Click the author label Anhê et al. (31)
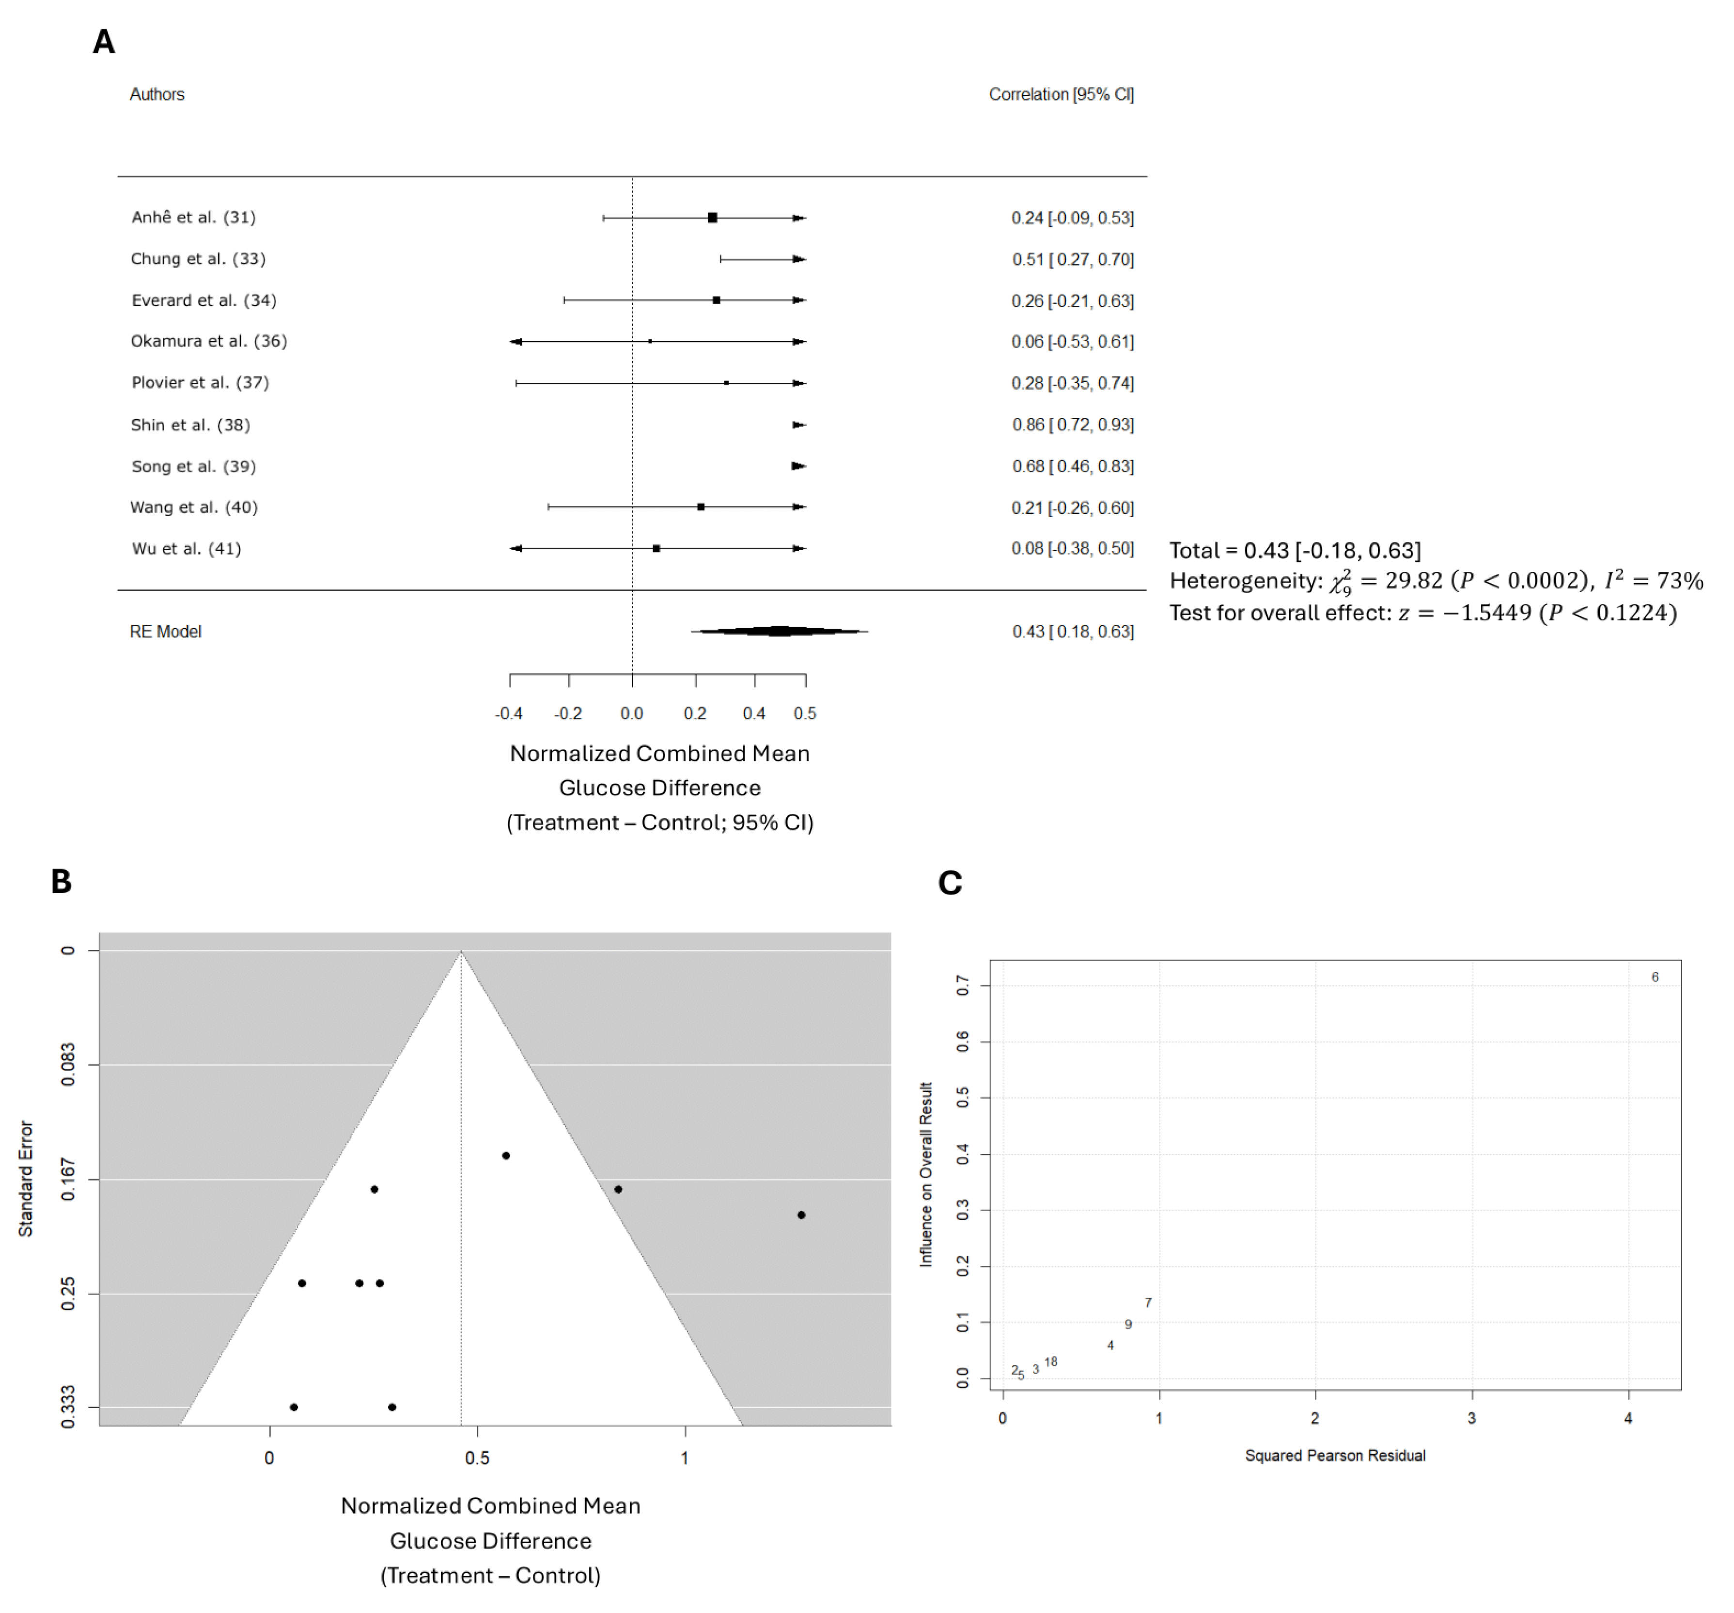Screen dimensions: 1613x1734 194,217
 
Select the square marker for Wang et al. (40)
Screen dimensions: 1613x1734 701,507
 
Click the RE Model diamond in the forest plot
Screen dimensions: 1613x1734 779,631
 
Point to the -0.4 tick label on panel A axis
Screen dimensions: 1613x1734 509,713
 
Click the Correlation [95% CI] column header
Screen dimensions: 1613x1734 1061,94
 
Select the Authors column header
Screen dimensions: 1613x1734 157,94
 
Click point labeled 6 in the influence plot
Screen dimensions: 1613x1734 1655,977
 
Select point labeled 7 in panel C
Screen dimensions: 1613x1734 1148,1302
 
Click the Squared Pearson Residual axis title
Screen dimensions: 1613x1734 1334,1455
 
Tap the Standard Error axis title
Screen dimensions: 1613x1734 26,1179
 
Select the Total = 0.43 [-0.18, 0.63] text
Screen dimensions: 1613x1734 1295,551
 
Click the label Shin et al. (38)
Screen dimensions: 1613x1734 190,425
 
